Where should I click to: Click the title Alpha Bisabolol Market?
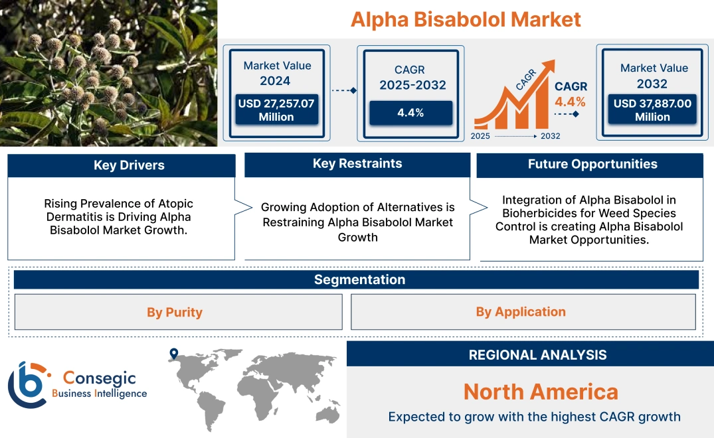click(x=466, y=19)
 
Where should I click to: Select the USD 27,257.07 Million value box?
click(x=276, y=110)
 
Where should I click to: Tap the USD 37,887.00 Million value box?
click(x=652, y=110)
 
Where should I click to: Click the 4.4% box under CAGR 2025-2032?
click(x=410, y=112)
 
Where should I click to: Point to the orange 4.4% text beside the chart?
click(x=570, y=102)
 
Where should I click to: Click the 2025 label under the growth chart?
click(x=482, y=136)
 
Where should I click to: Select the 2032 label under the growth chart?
click(x=550, y=136)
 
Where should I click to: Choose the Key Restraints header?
click(x=357, y=164)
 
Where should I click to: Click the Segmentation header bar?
click(x=359, y=279)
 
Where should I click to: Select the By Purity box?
click(x=175, y=312)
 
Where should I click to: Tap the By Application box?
click(x=521, y=312)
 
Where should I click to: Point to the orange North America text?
click(x=540, y=392)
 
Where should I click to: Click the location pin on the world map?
click(x=174, y=354)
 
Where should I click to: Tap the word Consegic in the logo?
click(x=99, y=378)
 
